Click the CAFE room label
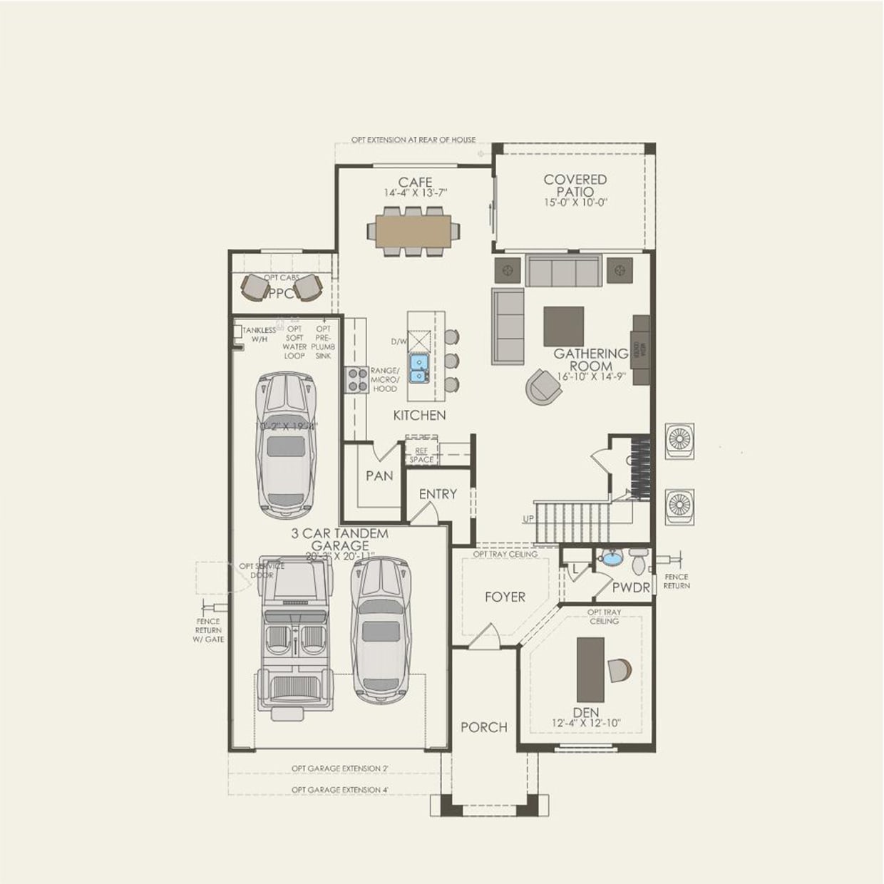point(415,183)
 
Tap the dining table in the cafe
point(413,231)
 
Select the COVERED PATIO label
point(575,185)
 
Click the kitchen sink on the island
point(418,368)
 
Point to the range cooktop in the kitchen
point(354,379)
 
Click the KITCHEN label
point(419,415)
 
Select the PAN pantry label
point(379,476)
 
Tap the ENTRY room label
point(437,494)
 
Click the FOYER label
point(505,597)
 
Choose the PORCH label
point(483,727)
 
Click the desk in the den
point(590,668)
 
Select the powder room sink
point(611,558)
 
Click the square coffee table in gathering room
point(563,327)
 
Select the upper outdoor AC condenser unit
point(679,441)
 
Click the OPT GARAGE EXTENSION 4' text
point(339,790)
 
